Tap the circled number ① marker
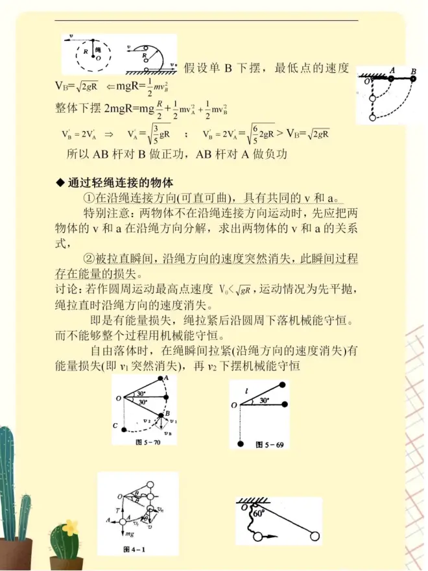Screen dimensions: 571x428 click(x=91, y=197)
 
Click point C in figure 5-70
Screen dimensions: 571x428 click(x=114, y=426)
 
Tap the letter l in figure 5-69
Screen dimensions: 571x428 click(x=247, y=391)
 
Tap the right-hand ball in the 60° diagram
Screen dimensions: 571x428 click(x=315, y=536)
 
